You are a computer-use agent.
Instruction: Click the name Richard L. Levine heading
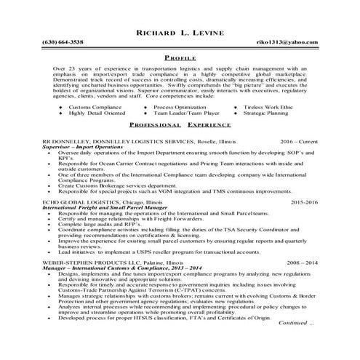180,33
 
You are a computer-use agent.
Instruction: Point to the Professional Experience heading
180,125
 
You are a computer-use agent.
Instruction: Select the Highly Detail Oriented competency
95,113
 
